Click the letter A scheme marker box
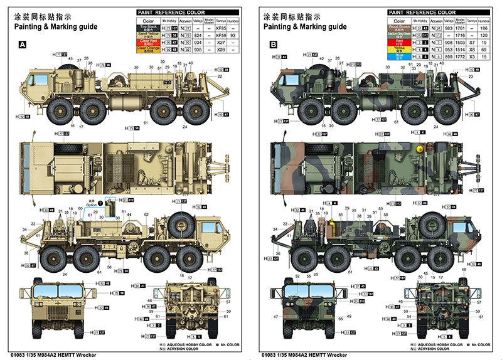(x=23, y=45)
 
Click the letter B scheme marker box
(x=273, y=45)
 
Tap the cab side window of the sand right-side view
(x=203, y=226)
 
